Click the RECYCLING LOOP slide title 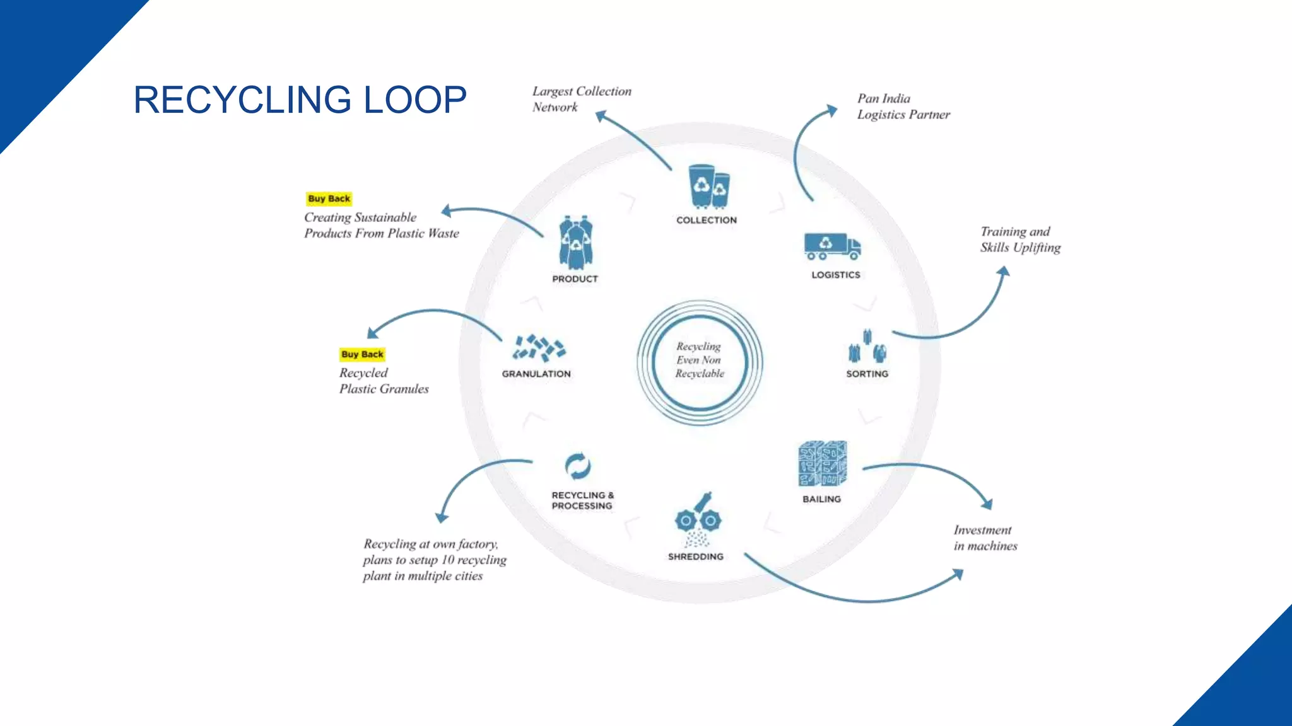(x=300, y=100)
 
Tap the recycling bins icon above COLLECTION (x=708, y=187)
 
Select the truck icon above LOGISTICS (x=832, y=246)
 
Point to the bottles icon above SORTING (x=867, y=347)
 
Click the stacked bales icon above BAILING (x=823, y=464)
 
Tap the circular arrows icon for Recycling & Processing (x=578, y=467)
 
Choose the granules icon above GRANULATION (x=538, y=347)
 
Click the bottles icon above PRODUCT (x=575, y=243)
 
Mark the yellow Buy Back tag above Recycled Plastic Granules (x=362, y=354)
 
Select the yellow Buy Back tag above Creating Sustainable (x=329, y=199)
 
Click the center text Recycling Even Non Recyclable (x=700, y=360)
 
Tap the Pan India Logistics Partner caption (x=903, y=107)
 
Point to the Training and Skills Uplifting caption (x=1020, y=239)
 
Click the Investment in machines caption (x=985, y=538)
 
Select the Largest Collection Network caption (x=581, y=99)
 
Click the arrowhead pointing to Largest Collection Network (x=601, y=116)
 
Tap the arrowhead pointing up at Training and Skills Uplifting (x=1003, y=272)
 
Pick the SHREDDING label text (x=696, y=556)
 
